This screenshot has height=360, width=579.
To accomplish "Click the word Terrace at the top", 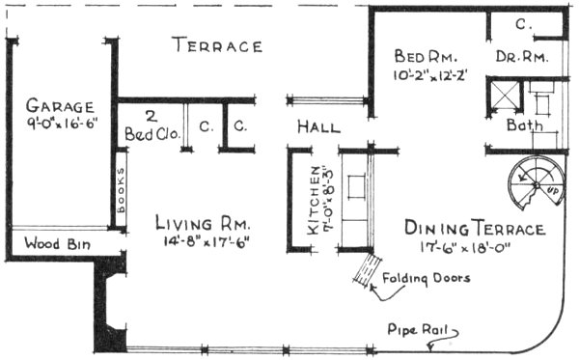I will point(217,46).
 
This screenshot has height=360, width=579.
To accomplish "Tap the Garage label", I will point(60,105).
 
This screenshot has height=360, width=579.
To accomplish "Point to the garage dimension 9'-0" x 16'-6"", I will point(60,124).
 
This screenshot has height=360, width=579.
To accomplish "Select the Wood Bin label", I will point(57,243).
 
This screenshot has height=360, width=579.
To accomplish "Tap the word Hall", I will point(318,125).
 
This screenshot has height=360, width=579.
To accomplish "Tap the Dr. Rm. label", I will point(522,57).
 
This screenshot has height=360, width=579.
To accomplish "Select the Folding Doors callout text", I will point(427,279).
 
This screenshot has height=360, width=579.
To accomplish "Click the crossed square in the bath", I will point(504,95).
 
